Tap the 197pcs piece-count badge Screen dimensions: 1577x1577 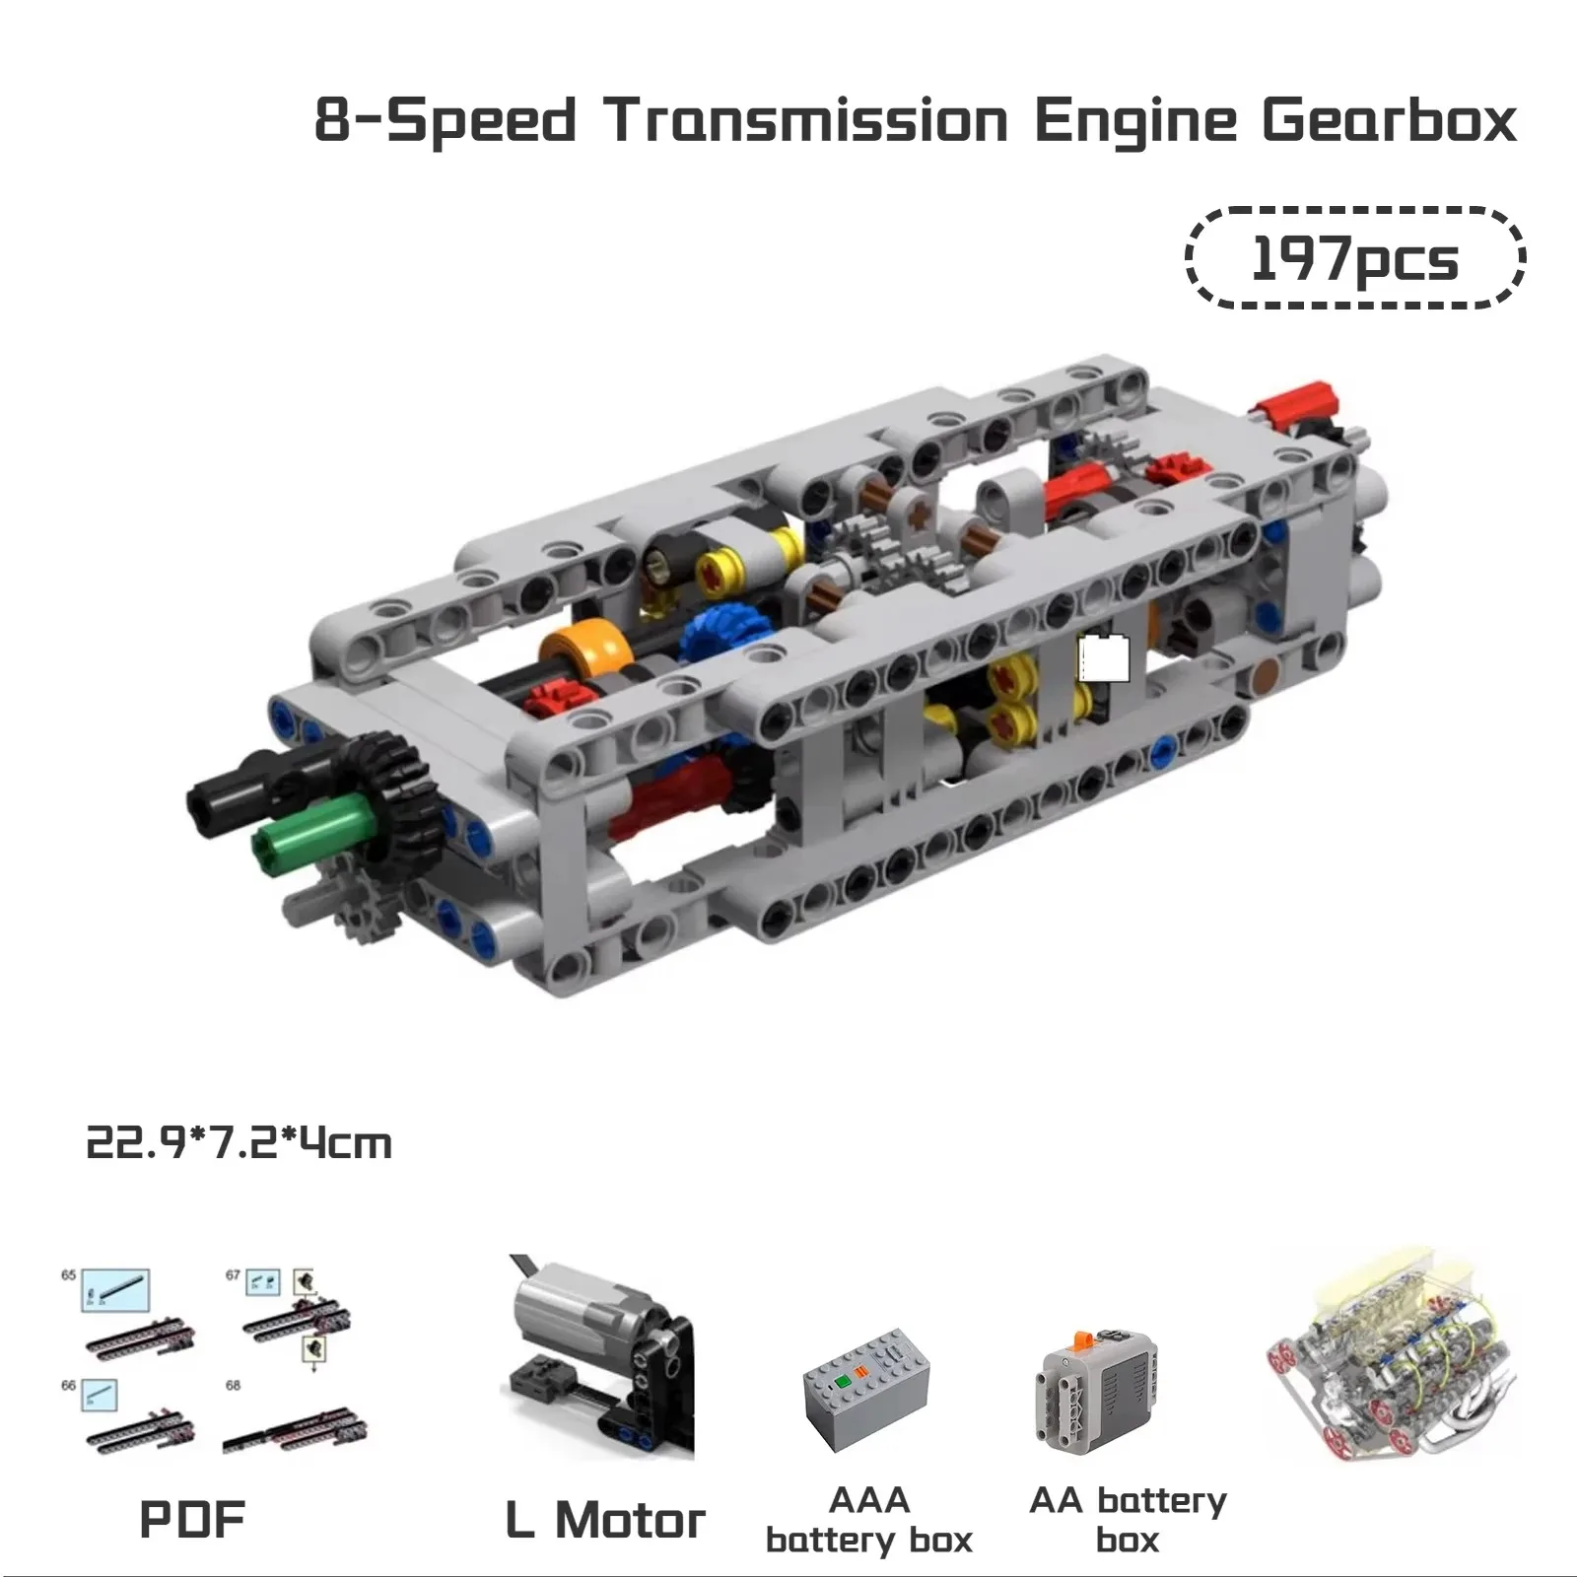click(x=1354, y=259)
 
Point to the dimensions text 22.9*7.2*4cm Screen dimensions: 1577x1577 click(x=240, y=1144)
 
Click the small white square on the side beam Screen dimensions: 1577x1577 click(x=1104, y=658)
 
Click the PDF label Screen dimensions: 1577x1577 click(x=192, y=1519)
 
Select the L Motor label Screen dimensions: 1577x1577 click(x=605, y=1519)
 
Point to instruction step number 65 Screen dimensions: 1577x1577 click(x=68, y=1274)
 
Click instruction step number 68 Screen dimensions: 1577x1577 click(x=233, y=1385)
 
